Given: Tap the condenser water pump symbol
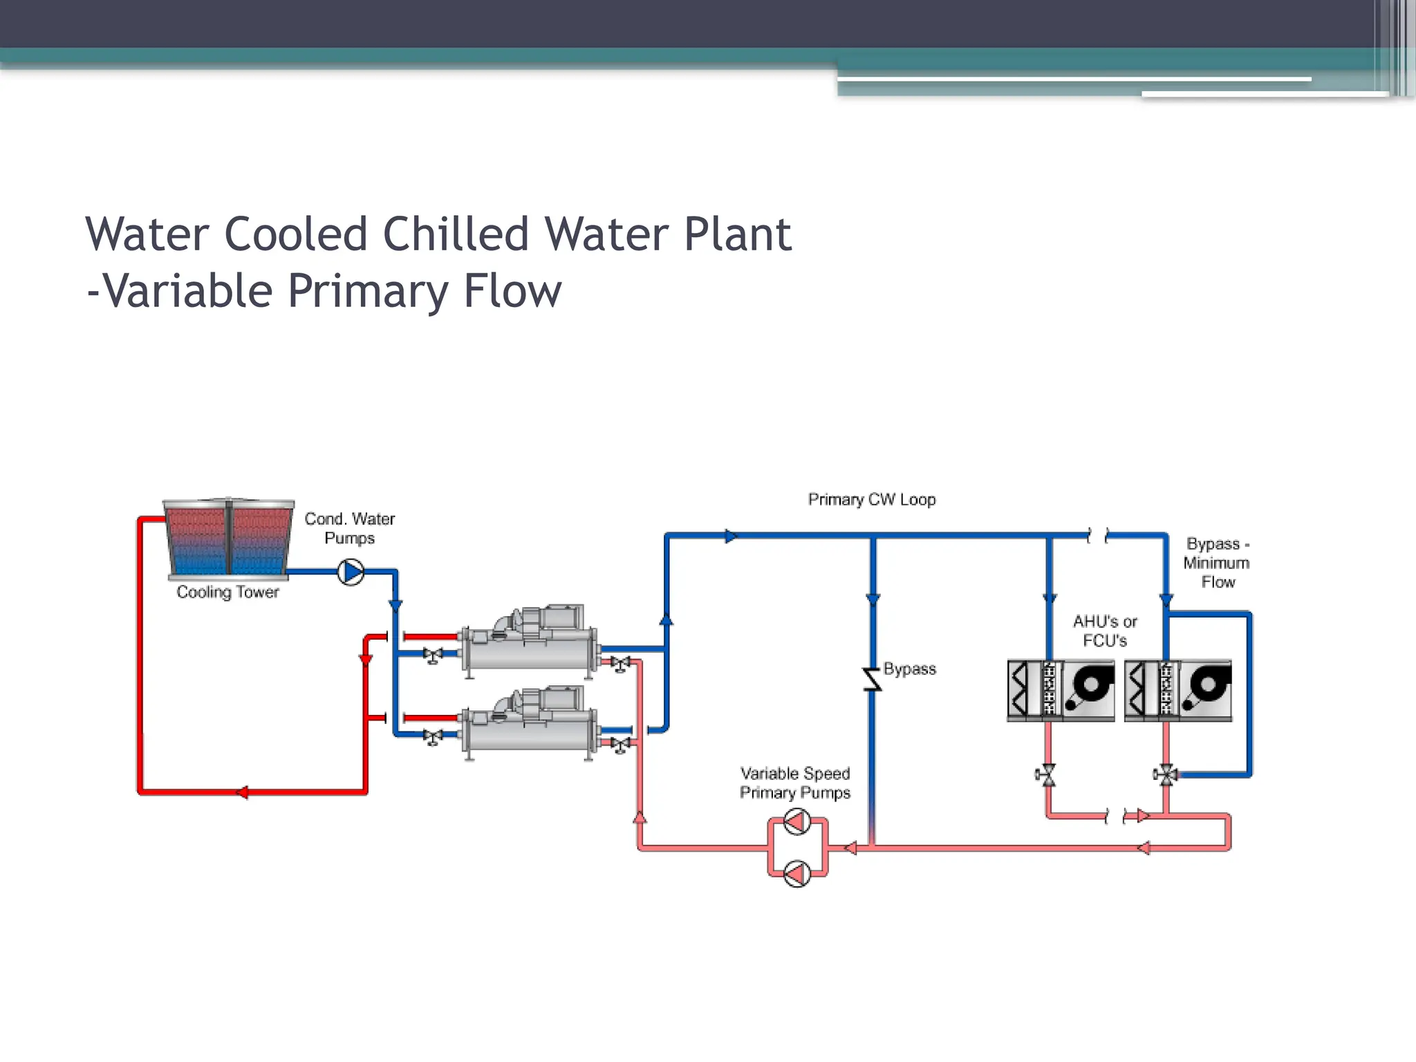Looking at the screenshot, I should click(x=351, y=572).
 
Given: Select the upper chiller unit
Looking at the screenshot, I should click(x=529, y=641).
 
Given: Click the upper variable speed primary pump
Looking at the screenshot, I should click(x=797, y=822).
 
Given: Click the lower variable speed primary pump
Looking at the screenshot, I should click(x=797, y=874).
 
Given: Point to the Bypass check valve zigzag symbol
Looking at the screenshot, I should click(x=872, y=680).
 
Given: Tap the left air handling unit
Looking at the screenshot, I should click(x=1061, y=691).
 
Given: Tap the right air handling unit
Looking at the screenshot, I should click(x=1178, y=691).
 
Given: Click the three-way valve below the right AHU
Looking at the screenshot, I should click(x=1166, y=775).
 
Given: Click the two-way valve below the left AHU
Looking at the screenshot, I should click(x=1048, y=775).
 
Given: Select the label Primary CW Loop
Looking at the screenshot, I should click(x=871, y=499).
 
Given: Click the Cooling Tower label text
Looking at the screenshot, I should click(x=227, y=593).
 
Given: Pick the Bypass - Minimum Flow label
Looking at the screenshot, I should click(x=1217, y=563).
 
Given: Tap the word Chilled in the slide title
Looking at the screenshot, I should click(x=456, y=234).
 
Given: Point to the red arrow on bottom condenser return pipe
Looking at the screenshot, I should click(x=242, y=792).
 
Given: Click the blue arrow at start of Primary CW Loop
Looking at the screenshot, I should click(x=731, y=536).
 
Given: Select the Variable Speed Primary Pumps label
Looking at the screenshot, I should click(x=794, y=783).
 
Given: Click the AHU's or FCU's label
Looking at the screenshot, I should click(x=1104, y=631).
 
